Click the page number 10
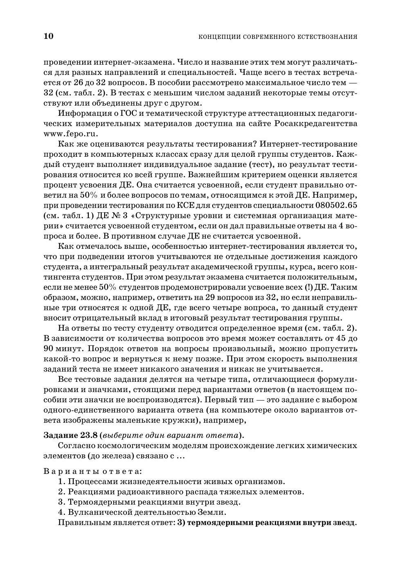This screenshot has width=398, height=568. [x=48, y=36]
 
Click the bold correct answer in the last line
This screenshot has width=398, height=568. [x=267, y=523]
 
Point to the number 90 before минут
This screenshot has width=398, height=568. [x=49, y=349]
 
